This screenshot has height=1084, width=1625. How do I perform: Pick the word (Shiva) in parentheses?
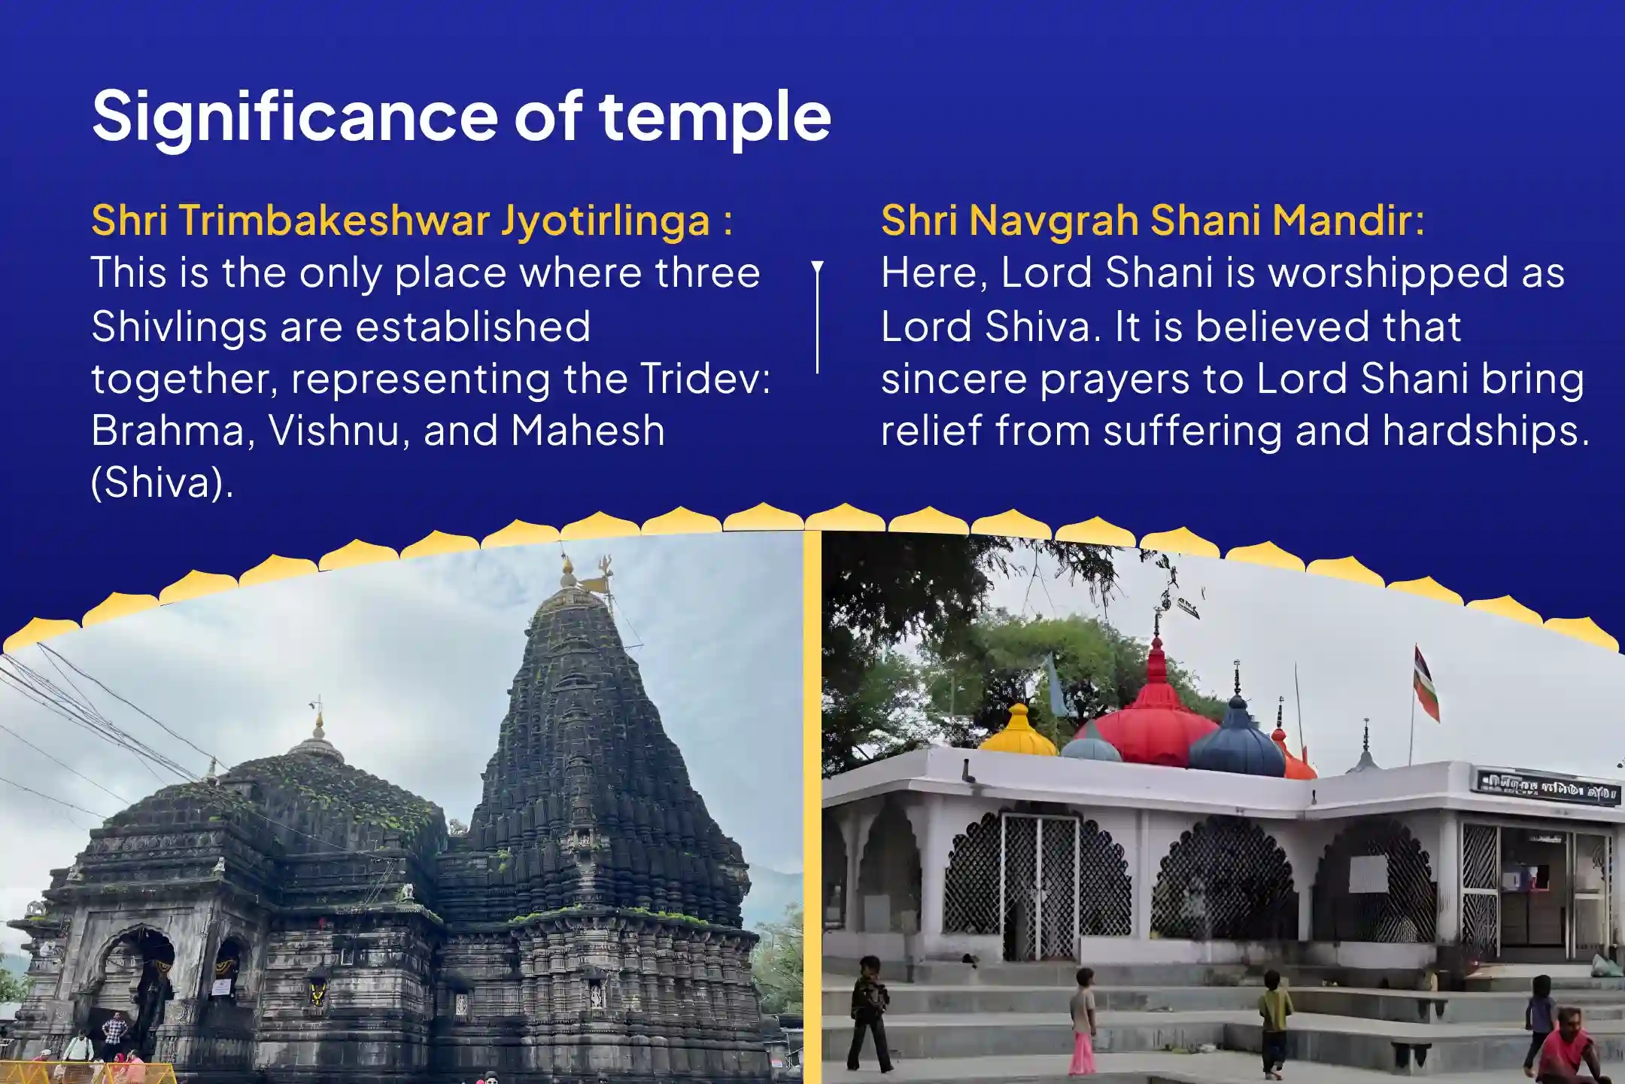(x=162, y=483)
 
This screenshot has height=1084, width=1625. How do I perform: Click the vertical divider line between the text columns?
(x=818, y=317)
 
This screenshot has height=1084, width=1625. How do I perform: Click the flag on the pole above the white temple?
(x=1426, y=683)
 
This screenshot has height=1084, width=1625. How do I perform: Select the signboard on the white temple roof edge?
(x=1548, y=787)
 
